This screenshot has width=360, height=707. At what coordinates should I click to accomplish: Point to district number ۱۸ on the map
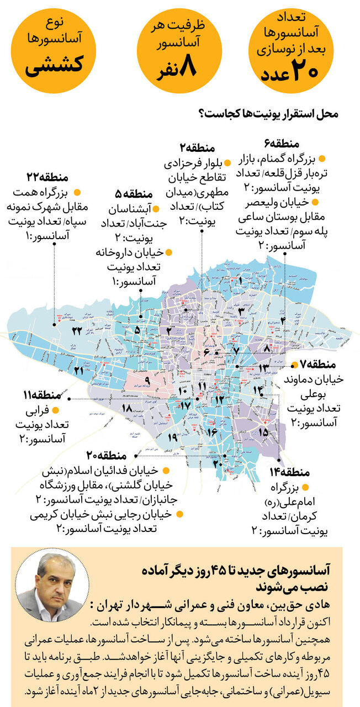coord(126,409)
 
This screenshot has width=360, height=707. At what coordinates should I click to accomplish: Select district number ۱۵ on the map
coord(263,431)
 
